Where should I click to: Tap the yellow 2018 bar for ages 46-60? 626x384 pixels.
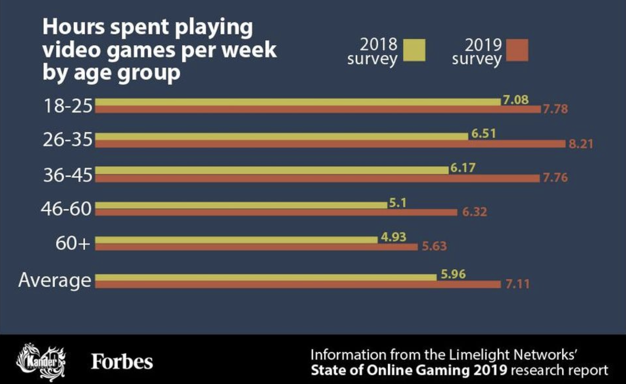tap(240, 205)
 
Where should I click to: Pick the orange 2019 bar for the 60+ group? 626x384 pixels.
tap(256, 247)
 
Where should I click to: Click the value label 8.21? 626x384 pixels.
tap(580, 143)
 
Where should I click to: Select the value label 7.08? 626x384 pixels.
tap(516, 100)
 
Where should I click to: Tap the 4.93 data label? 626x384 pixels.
tap(393, 237)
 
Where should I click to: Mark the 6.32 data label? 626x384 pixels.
tap(474, 212)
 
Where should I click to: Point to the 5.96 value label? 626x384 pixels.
tap(453, 274)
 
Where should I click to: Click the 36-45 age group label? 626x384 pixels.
tap(67, 175)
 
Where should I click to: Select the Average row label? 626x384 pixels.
tap(55, 280)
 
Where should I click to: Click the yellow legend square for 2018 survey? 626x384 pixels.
tap(414, 50)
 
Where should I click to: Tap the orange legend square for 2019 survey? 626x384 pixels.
tap(517, 50)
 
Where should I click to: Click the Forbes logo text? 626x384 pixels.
tap(122, 362)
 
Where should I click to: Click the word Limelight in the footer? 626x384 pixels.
tap(480, 355)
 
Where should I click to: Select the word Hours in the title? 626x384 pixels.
tap(73, 27)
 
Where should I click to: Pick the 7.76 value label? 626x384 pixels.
tap(555, 177)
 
